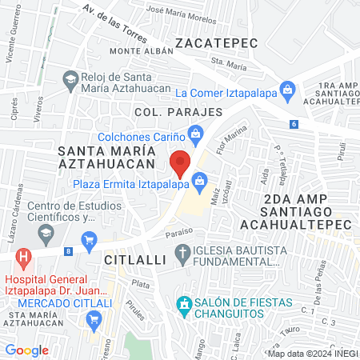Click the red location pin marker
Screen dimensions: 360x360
182,162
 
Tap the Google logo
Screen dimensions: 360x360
26,350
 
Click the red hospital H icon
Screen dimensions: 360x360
23,258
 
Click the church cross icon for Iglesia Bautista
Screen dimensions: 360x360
183,255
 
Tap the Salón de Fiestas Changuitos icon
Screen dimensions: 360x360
184,305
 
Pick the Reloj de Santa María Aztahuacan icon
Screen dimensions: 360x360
70,78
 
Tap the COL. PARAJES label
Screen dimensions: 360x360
178,112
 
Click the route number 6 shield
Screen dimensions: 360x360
294,123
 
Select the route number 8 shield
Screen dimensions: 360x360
68,251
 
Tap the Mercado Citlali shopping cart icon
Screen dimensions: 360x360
94,318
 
